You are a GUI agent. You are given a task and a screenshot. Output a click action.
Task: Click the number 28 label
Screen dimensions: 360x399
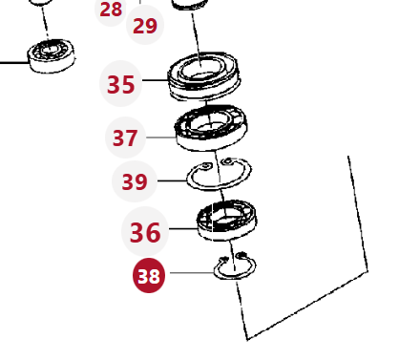[111, 10]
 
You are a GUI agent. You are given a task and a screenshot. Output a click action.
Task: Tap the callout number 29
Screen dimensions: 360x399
[144, 26]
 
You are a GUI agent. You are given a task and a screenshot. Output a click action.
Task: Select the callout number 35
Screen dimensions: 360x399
[121, 84]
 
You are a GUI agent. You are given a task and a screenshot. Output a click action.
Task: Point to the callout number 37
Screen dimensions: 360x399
[125, 138]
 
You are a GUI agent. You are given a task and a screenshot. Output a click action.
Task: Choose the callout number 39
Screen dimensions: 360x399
[135, 180]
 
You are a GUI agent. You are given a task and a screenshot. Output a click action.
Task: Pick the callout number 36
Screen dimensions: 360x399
[145, 231]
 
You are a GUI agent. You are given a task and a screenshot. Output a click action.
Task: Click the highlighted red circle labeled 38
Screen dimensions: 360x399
[149, 276]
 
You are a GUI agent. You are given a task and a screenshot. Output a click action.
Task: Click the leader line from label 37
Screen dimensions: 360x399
[159, 138]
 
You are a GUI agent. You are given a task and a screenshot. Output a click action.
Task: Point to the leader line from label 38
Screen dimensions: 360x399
[191, 275]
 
